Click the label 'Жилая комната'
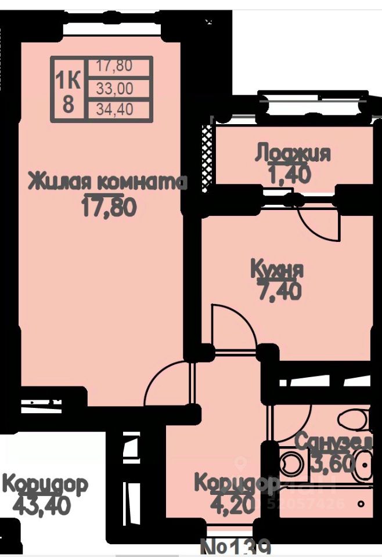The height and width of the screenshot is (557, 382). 108,182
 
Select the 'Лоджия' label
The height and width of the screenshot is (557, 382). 293,154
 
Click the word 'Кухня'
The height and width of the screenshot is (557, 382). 277,269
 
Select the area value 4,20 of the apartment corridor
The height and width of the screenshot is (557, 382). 232,504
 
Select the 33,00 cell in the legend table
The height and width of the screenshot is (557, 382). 115,88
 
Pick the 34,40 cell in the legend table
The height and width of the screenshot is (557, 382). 115,108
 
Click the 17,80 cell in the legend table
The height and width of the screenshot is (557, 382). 115,66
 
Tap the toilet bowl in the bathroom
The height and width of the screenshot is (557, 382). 353,419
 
